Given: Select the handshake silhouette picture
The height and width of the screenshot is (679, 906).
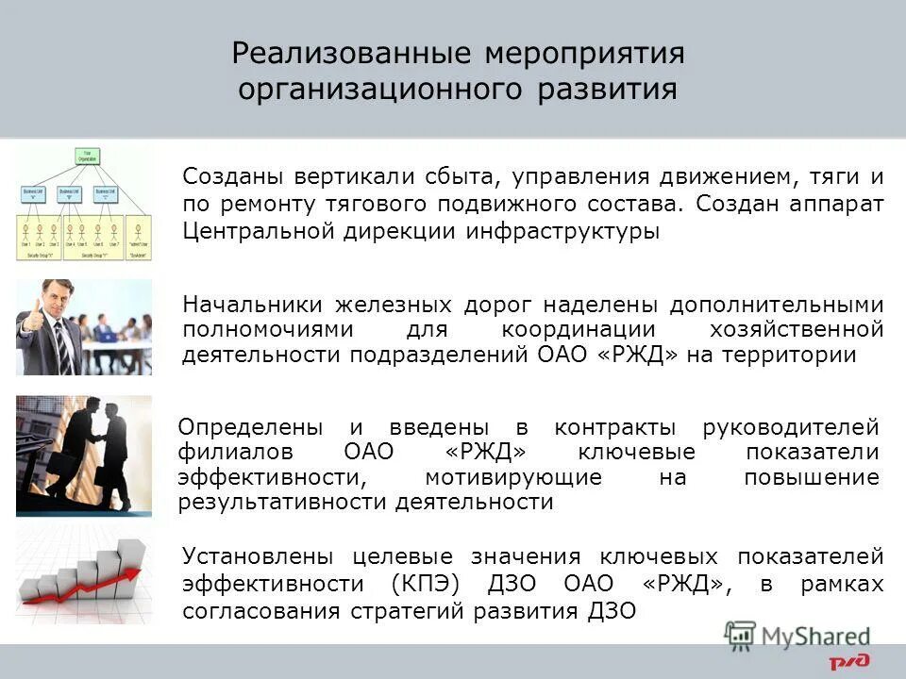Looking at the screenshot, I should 83,455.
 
